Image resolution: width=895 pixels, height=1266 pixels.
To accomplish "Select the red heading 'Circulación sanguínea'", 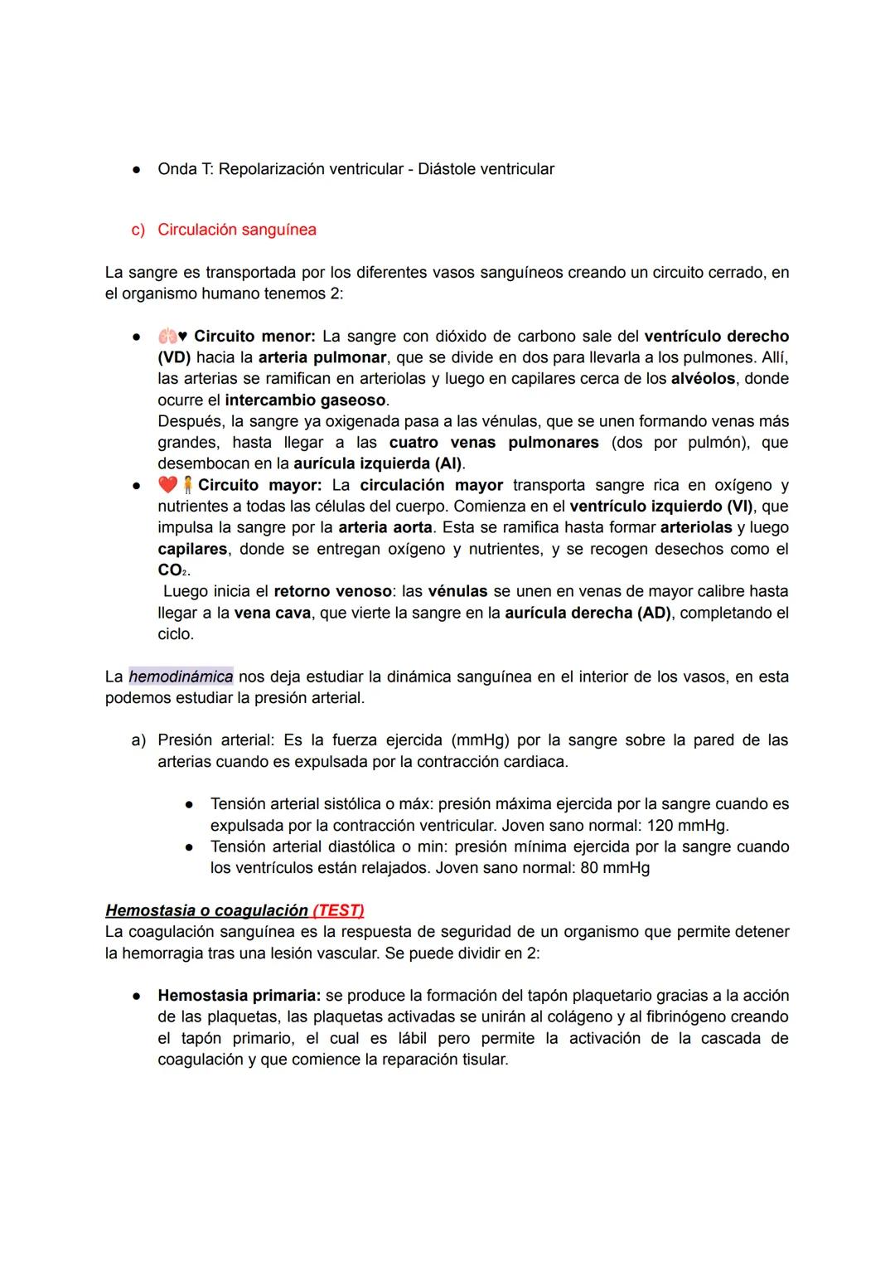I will [x=237, y=230].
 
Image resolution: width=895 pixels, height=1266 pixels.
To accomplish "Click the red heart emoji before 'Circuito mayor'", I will [x=167, y=485].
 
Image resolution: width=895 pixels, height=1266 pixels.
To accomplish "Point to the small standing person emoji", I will [x=188, y=485].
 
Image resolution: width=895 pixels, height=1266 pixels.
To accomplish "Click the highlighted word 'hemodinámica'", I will [x=181, y=677].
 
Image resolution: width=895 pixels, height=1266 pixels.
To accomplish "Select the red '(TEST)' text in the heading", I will [x=338, y=910].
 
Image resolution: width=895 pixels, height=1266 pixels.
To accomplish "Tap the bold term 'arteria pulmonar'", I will [x=322, y=357].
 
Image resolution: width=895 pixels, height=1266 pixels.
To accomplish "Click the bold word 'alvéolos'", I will [x=703, y=379].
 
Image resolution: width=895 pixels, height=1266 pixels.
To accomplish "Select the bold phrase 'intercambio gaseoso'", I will [x=305, y=400].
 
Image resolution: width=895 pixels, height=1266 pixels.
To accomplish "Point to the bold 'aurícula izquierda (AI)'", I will [x=378, y=463].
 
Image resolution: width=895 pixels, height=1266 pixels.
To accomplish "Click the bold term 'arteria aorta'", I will [x=385, y=527].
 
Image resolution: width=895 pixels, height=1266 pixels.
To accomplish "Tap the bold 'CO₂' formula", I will [x=173, y=570].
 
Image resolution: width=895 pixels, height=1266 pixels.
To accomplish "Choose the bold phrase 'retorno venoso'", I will [x=332, y=591].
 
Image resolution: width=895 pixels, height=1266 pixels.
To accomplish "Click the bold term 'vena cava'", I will [x=273, y=613].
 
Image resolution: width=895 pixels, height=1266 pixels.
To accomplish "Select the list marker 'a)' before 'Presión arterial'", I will [x=138, y=740].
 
